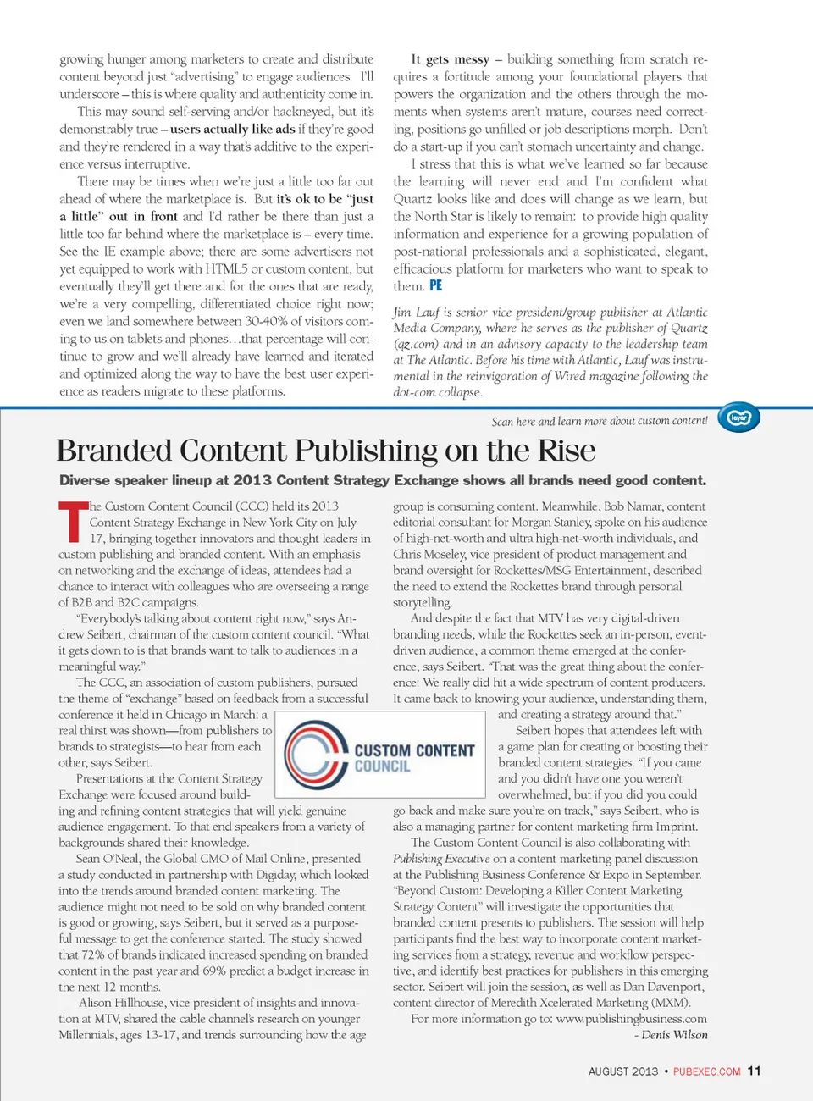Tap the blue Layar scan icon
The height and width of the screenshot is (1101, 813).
click(739, 418)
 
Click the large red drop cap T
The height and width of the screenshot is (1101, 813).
click(73, 523)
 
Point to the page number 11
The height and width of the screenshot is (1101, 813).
click(754, 1071)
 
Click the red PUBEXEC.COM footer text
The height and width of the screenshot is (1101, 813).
click(706, 1071)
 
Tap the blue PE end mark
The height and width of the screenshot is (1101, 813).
click(435, 286)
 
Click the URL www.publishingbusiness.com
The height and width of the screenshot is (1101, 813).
click(631, 1019)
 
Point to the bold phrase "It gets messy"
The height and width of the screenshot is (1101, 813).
click(450, 59)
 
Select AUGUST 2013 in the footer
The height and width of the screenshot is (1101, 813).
click(622, 1071)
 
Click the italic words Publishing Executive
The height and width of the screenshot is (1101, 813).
click(441, 859)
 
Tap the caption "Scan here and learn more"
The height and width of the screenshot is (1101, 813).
click(598, 421)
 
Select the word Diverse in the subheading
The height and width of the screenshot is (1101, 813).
click(90, 480)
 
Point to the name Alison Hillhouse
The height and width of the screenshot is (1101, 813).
click(123, 1003)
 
